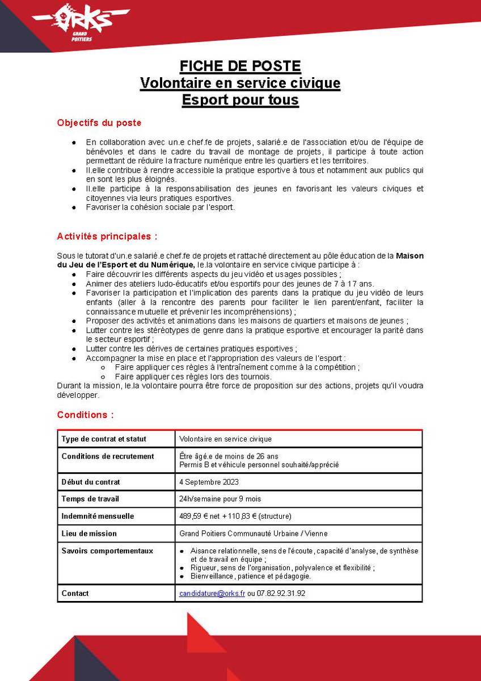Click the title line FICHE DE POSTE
(240, 66)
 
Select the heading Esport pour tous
(240, 100)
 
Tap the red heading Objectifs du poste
(99, 123)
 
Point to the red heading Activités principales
(107, 236)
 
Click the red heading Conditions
(85, 415)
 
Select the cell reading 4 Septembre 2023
(209, 482)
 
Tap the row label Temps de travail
(90, 499)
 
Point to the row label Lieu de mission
(89, 533)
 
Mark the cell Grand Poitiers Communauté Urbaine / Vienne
(253, 533)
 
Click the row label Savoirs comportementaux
(107, 550)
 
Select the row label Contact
(75, 594)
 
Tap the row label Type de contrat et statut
(104, 439)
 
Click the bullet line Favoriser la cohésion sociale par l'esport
(161, 208)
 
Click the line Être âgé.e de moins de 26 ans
(229, 456)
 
